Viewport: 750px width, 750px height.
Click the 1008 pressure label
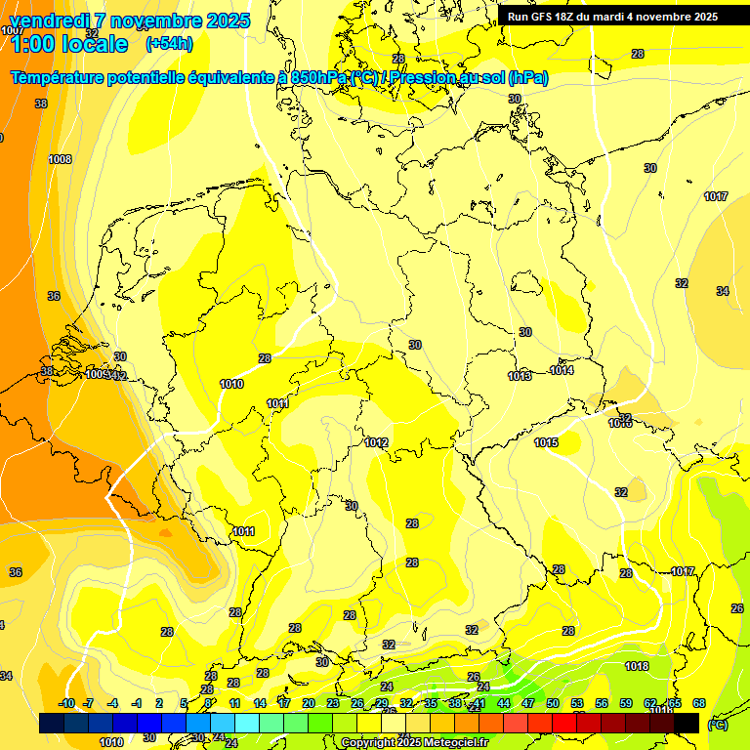click(x=60, y=159)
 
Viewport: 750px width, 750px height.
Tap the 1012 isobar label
click(x=377, y=442)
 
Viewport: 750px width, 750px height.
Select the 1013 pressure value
click(x=520, y=376)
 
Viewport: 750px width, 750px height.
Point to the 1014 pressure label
click(x=562, y=370)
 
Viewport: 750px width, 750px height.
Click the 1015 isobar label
click(x=546, y=442)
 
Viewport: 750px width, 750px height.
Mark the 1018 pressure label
click(x=637, y=666)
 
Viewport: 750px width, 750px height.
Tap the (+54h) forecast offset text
click(x=169, y=44)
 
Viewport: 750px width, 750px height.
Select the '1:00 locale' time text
click(x=68, y=44)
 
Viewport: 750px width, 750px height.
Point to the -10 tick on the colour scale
click(x=66, y=703)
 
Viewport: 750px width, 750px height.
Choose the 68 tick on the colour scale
click(x=699, y=703)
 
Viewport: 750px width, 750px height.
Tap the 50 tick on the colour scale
click(x=553, y=703)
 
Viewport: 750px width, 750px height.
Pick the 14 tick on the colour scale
click(x=260, y=703)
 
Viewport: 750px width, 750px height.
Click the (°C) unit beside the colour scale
click(x=718, y=724)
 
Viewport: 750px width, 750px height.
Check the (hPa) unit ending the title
click(x=527, y=77)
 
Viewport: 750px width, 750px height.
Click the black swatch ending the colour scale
click(x=687, y=723)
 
